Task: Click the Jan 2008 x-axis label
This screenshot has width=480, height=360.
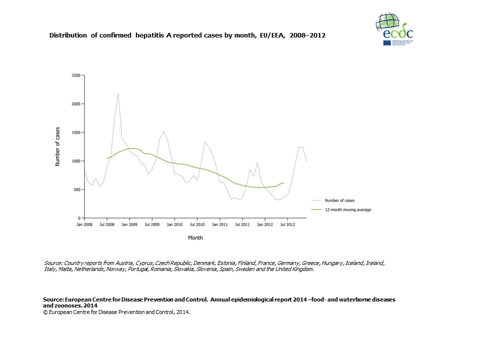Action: (x=84, y=225)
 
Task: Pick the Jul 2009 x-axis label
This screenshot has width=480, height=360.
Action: (x=152, y=225)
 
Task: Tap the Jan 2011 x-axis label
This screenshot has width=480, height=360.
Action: (x=219, y=225)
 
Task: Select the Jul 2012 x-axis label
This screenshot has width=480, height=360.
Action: (x=287, y=225)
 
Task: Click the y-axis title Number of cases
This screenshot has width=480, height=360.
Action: (x=57, y=146)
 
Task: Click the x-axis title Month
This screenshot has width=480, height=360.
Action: (x=195, y=237)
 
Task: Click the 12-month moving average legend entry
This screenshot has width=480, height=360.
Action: (x=348, y=210)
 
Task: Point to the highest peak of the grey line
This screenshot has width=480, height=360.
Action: (x=118, y=93)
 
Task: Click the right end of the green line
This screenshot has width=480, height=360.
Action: (x=283, y=182)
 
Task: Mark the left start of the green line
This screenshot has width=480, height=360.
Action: (x=107, y=158)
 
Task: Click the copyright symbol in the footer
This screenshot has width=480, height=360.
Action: (x=45, y=311)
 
